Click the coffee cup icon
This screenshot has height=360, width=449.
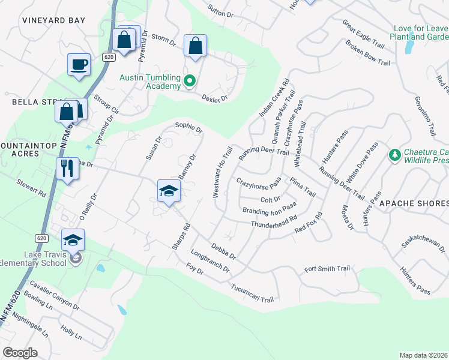(79, 64)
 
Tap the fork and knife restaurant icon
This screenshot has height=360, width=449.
(67, 169)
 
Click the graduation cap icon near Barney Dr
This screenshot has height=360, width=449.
(169, 191)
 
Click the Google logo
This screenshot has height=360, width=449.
(20, 353)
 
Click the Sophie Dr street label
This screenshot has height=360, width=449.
(188, 127)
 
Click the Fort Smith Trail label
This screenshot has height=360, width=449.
(327, 269)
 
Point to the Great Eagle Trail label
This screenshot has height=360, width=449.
(363, 34)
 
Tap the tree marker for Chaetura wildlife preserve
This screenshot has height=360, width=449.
(394, 155)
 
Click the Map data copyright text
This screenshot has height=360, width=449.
(423, 355)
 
